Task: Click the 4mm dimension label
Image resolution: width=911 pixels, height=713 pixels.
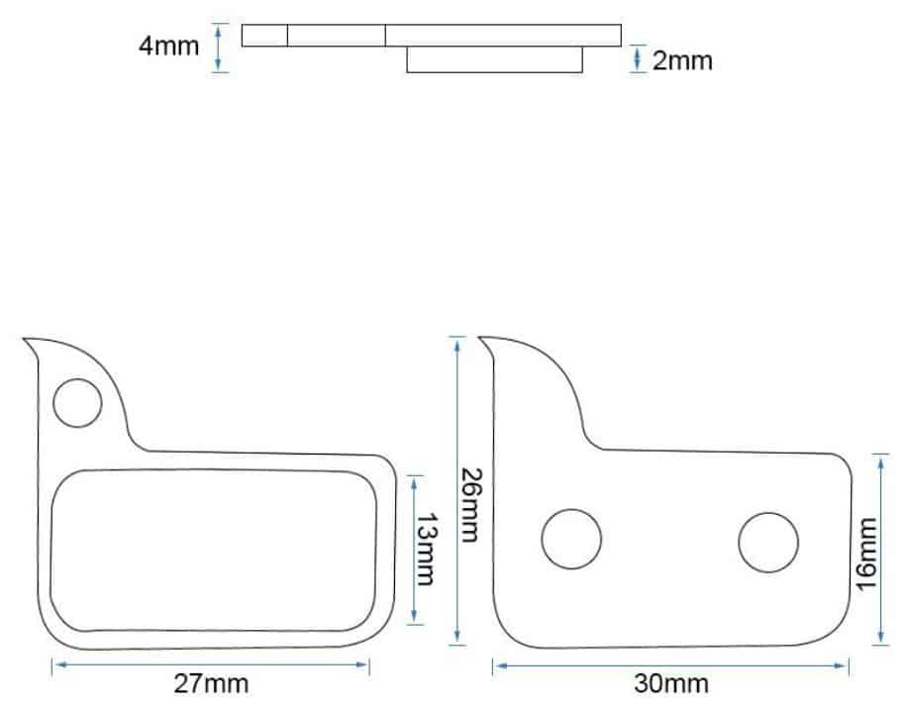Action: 168,47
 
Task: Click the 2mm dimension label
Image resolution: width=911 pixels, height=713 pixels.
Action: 682,61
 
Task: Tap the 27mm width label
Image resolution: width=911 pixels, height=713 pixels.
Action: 211,683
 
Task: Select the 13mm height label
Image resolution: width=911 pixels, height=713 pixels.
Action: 425,550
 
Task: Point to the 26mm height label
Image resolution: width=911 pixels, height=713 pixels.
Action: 469,504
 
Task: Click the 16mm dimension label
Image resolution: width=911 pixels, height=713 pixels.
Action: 866,554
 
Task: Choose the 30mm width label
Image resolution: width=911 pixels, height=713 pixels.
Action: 671,683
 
